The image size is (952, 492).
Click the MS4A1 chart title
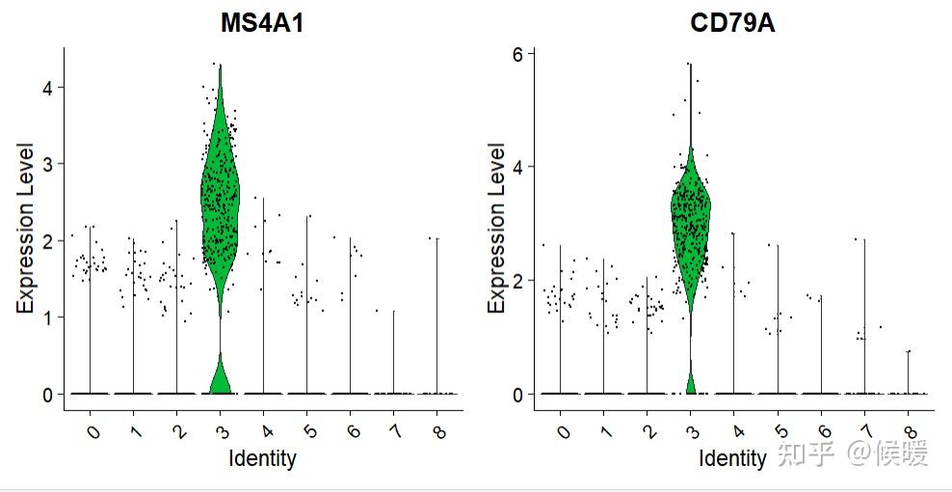[263, 24]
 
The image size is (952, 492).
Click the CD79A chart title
[732, 24]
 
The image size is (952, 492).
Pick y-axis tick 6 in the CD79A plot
[518, 54]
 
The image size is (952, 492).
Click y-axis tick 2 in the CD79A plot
[518, 281]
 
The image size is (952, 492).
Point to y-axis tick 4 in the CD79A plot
[518, 168]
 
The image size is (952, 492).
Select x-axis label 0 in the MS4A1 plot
[93, 432]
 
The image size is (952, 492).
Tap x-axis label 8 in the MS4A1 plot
[438, 432]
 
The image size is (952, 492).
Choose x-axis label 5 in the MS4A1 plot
[308, 432]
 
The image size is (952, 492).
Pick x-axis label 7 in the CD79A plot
[865, 432]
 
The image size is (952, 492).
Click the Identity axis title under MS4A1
[262, 458]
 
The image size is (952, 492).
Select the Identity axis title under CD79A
[732, 458]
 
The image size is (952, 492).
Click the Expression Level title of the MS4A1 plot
[26, 228]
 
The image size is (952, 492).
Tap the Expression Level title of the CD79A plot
[496, 228]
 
